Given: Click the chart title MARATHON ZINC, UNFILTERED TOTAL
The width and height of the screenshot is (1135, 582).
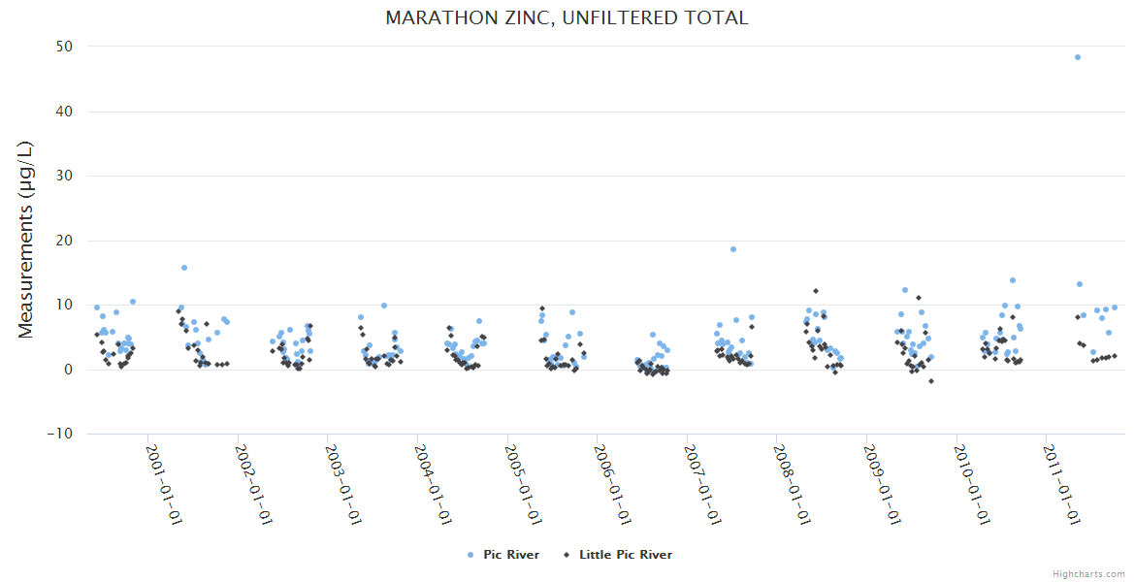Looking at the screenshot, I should click(x=567, y=18).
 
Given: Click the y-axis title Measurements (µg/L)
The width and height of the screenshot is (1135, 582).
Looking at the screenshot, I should click(x=26, y=239).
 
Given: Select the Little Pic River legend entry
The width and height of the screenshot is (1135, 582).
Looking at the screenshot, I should click(x=625, y=555).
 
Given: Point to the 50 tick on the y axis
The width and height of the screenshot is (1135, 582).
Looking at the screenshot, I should click(x=68, y=47).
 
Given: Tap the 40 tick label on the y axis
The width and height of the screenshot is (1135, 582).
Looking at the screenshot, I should click(x=68, y=112).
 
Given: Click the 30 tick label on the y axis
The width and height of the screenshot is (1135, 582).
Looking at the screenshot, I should click(x=68, y=176).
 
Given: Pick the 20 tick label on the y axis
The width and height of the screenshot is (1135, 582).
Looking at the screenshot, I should click(x=68, y=241).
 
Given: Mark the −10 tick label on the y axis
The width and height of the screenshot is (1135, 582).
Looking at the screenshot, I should click(x=64, y=434).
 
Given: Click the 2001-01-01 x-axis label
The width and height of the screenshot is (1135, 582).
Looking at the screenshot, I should click(x=164, y=485).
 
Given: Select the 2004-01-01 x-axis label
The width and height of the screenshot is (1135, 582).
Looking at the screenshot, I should click(x=433, y=485).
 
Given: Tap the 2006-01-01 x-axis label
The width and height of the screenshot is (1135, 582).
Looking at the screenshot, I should click(x=612, y=485).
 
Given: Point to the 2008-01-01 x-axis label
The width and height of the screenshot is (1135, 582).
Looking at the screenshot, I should click(x=792, y=485).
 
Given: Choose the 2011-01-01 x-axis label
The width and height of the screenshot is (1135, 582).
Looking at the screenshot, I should click(x=1061, y=485).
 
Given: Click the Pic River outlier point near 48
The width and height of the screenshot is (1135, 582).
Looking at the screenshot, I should click(x=1078, y=57).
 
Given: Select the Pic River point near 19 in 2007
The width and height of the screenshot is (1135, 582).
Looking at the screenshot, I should click(x=733, y=249).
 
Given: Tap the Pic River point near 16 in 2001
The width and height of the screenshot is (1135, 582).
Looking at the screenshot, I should click(x=184, y=268).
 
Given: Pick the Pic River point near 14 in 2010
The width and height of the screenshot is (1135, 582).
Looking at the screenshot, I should click(x=1013, y=280).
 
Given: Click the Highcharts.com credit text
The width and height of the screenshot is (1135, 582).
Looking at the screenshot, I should click(x=1088, y=573).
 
